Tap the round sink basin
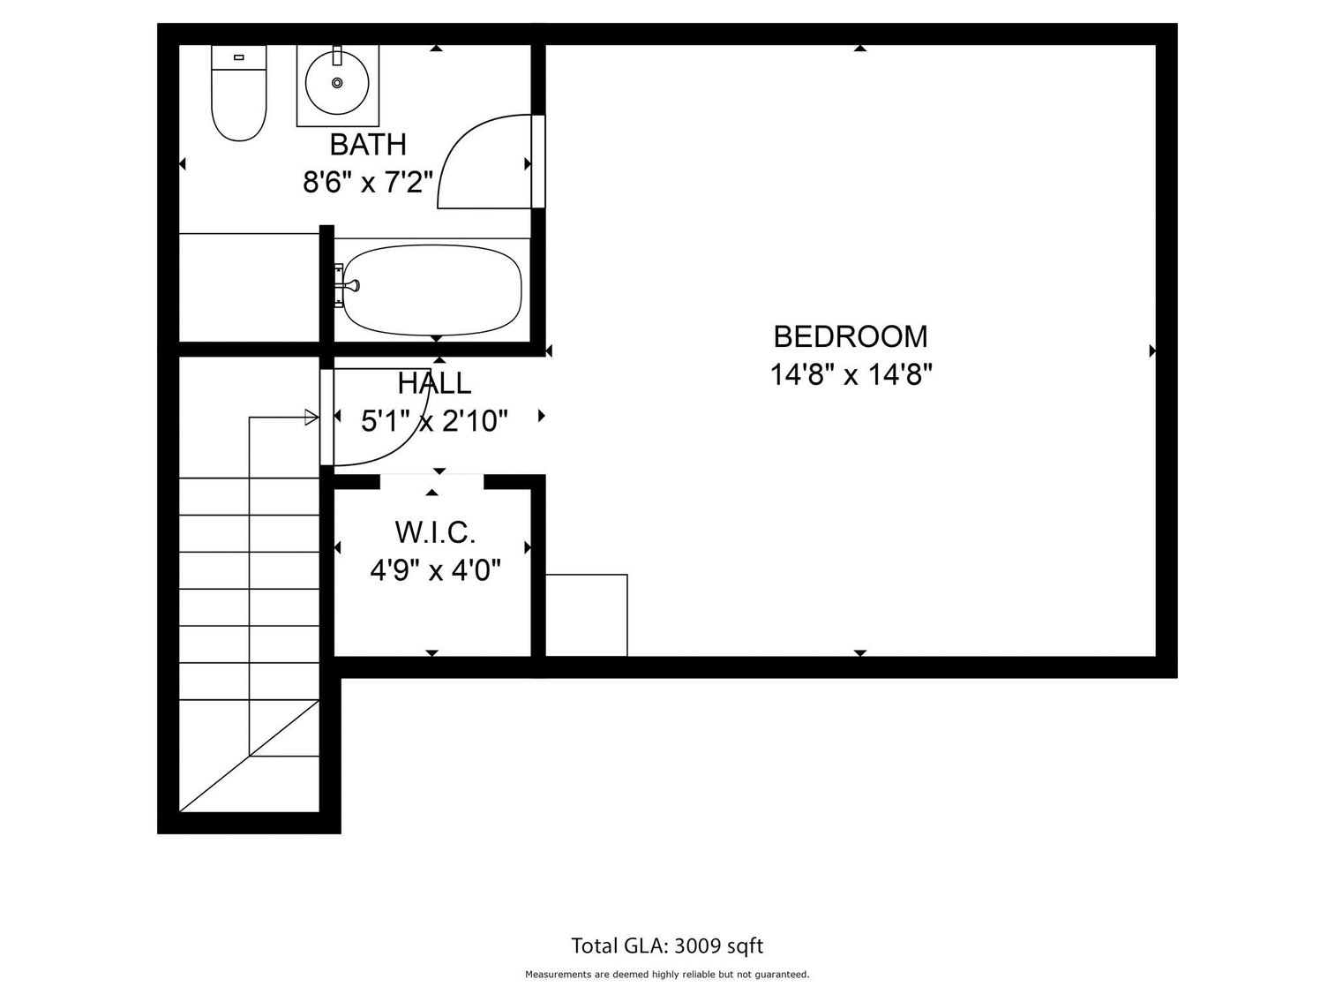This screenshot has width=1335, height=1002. coord(337,82)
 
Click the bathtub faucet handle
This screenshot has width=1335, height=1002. coord(351,285)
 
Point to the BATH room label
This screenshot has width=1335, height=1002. coord(367,144)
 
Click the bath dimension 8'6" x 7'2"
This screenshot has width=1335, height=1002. coord(367,183)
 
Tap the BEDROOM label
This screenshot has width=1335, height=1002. coord(851,336)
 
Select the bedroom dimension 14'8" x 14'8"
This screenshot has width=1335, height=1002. coord(851,375)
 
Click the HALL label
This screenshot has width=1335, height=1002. coord(434,383)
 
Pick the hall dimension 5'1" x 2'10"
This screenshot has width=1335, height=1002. coord(434,422)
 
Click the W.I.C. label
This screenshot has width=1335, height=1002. coord(435,532)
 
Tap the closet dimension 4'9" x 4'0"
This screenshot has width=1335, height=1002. coord(435,571)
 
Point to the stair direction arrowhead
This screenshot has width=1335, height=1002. coord(311,417)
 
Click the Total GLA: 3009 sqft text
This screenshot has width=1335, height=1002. coord(667,946)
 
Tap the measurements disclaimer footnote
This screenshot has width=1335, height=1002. coord(667,975)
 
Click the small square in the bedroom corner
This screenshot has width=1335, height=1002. coord(586,615)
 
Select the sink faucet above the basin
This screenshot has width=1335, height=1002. coord(337,56)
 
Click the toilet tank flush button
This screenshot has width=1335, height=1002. coord(238,57)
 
